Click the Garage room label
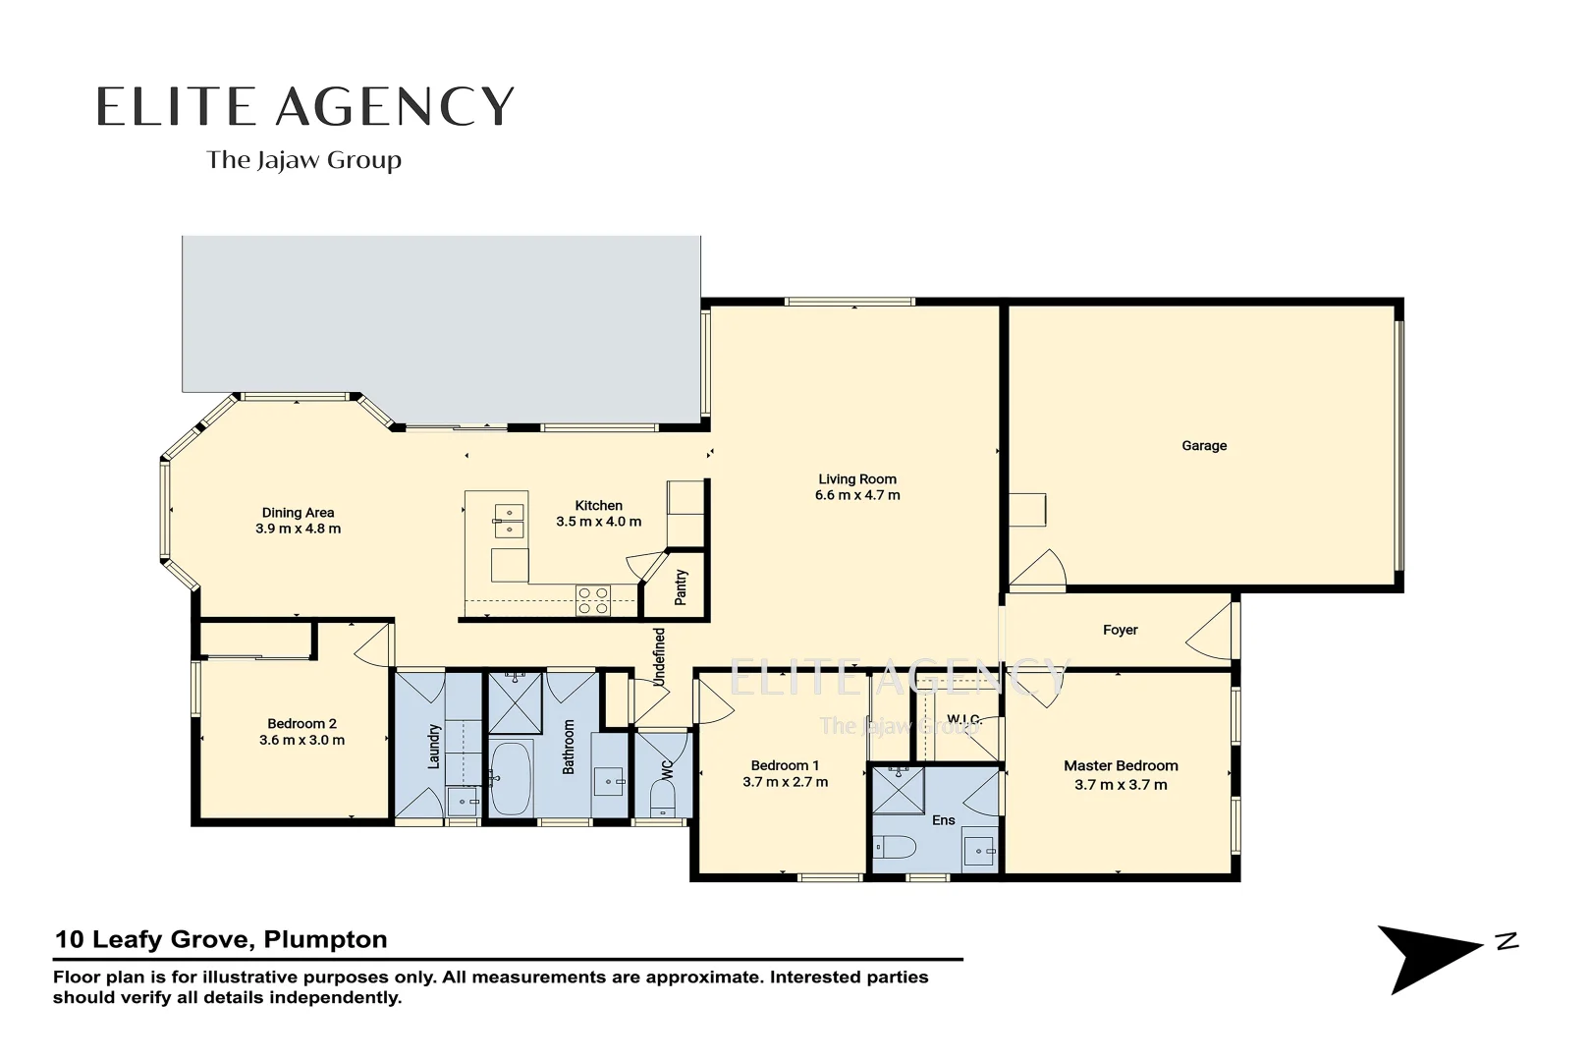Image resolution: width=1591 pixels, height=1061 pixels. [1203, 446]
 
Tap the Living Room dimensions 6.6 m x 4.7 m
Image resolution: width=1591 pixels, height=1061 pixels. [856, 496]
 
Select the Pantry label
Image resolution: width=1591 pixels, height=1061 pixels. [682, 586]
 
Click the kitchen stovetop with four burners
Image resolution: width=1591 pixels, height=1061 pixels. [593, 600]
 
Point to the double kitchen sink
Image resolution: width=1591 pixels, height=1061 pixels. [509, 521]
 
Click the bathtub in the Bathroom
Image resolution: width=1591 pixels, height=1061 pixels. [510, 778]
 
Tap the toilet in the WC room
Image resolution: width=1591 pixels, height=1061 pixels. [663, 798]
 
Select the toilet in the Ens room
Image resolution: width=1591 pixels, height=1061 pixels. [894, 847]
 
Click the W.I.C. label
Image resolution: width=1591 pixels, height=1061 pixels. [963, 720]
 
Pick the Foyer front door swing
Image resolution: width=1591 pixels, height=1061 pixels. [1210, 632]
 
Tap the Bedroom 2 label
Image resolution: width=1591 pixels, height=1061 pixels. [302, 724]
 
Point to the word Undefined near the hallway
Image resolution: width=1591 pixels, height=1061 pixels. [660, 657]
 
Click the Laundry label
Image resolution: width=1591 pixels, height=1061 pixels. [434, 746]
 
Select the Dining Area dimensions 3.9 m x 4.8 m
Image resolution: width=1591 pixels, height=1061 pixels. [298, 529]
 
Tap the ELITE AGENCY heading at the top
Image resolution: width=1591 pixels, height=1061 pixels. [304, 106]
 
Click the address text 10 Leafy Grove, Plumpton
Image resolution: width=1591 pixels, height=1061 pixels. [221, 939]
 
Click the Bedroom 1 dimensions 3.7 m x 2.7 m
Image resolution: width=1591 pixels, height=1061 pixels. [785, 783]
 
